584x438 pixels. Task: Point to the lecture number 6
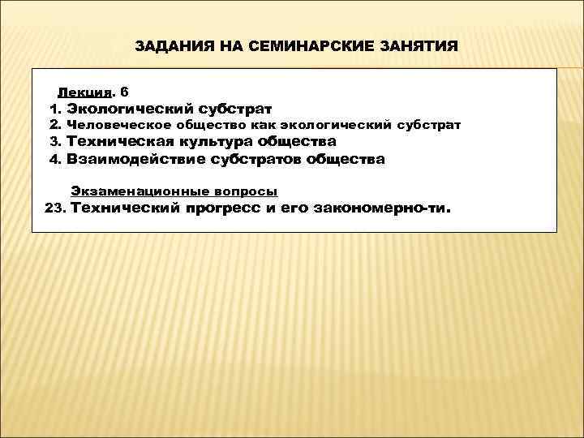coord(123,90)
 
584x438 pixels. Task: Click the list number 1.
coord(54,107)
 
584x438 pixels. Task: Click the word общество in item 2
coord(198,125)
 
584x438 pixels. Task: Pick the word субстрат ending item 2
coord(429,125)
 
